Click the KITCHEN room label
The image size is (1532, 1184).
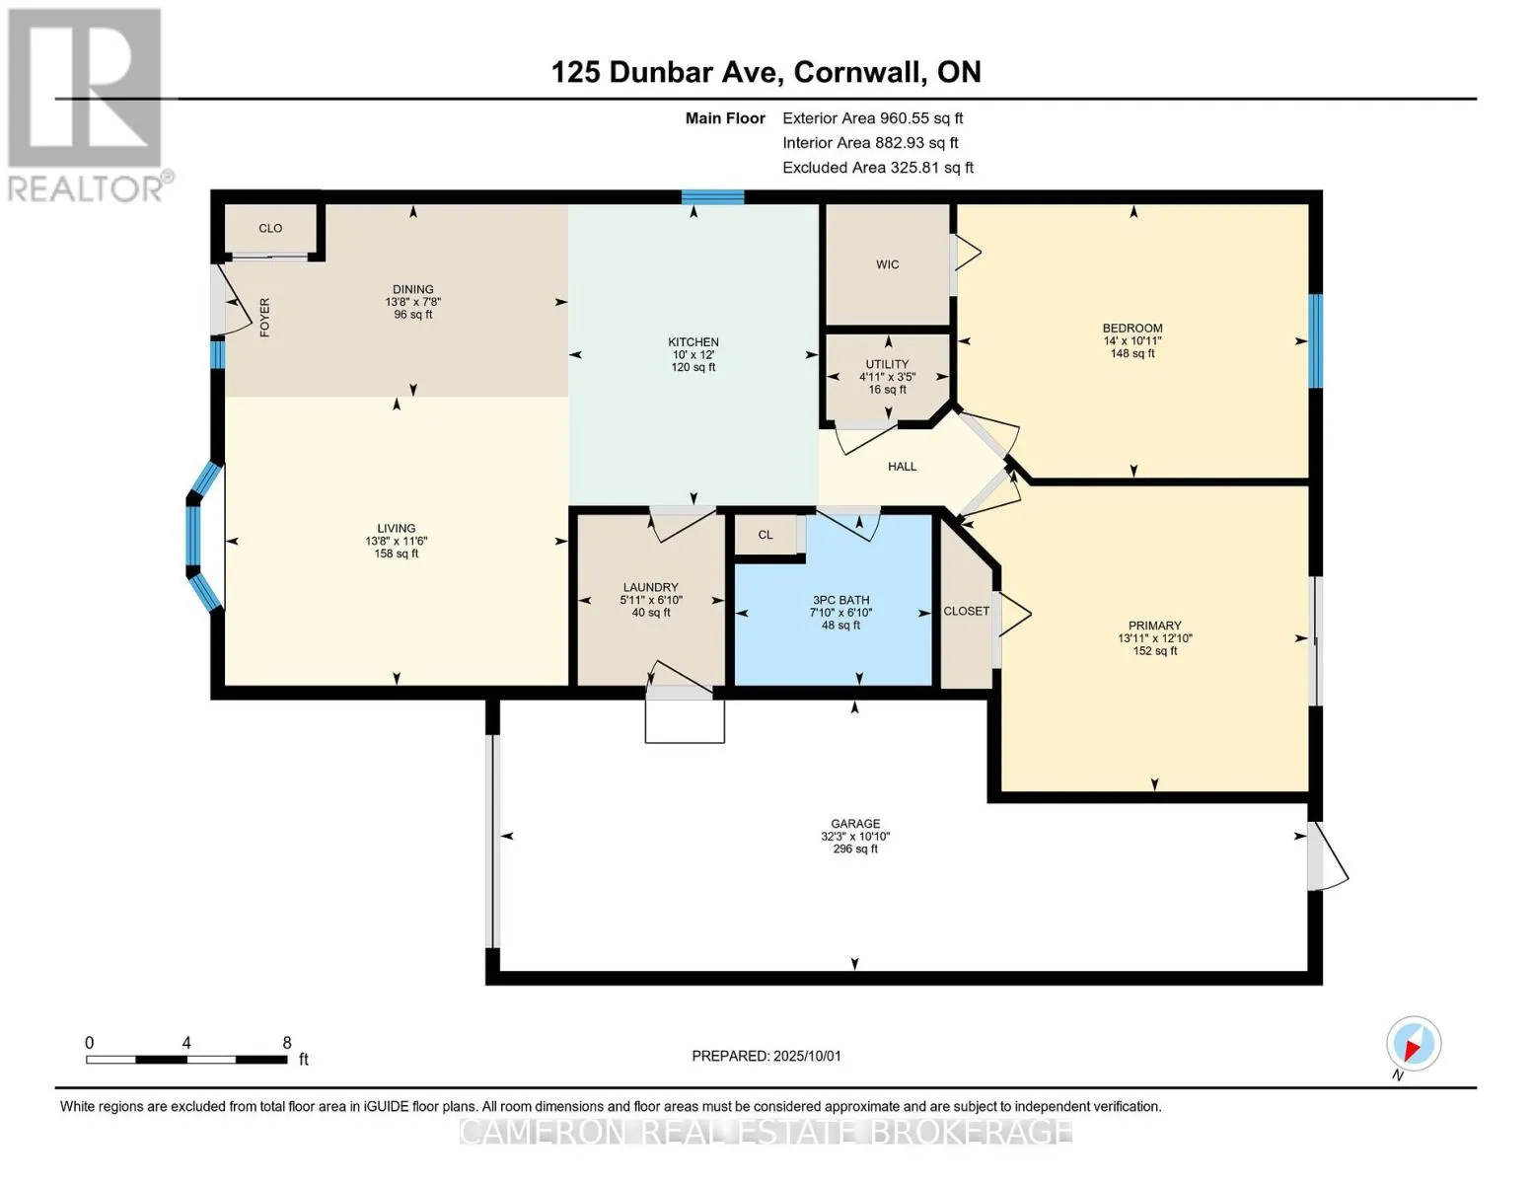click(693, 342)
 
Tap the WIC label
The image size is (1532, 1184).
click(887, 264)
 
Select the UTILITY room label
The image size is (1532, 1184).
click(887, 364)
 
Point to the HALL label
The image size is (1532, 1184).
click(902, 466)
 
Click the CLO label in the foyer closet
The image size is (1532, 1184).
click(270, 228)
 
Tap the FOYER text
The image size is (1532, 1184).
click(264, 317)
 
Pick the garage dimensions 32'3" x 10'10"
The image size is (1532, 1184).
click(854, 836)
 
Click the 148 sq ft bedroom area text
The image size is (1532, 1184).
click(1132, 353)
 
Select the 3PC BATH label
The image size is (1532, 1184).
click(840, 600)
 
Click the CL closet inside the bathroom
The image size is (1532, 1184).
click(766, 535)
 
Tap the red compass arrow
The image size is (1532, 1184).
click(1413, 1047)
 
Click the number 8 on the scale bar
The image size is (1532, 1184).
click(287, 1042)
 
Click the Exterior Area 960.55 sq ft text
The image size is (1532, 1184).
click(872, 118)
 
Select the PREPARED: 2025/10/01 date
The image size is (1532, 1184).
click(766, 1056)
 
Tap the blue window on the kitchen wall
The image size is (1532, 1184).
click(712, 196)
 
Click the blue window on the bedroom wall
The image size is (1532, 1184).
click(1315, 340)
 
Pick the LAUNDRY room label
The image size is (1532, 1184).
click(650, 587)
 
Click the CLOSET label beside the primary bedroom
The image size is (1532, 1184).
click(966, 611)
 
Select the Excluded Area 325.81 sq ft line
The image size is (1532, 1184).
click(878, 168)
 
